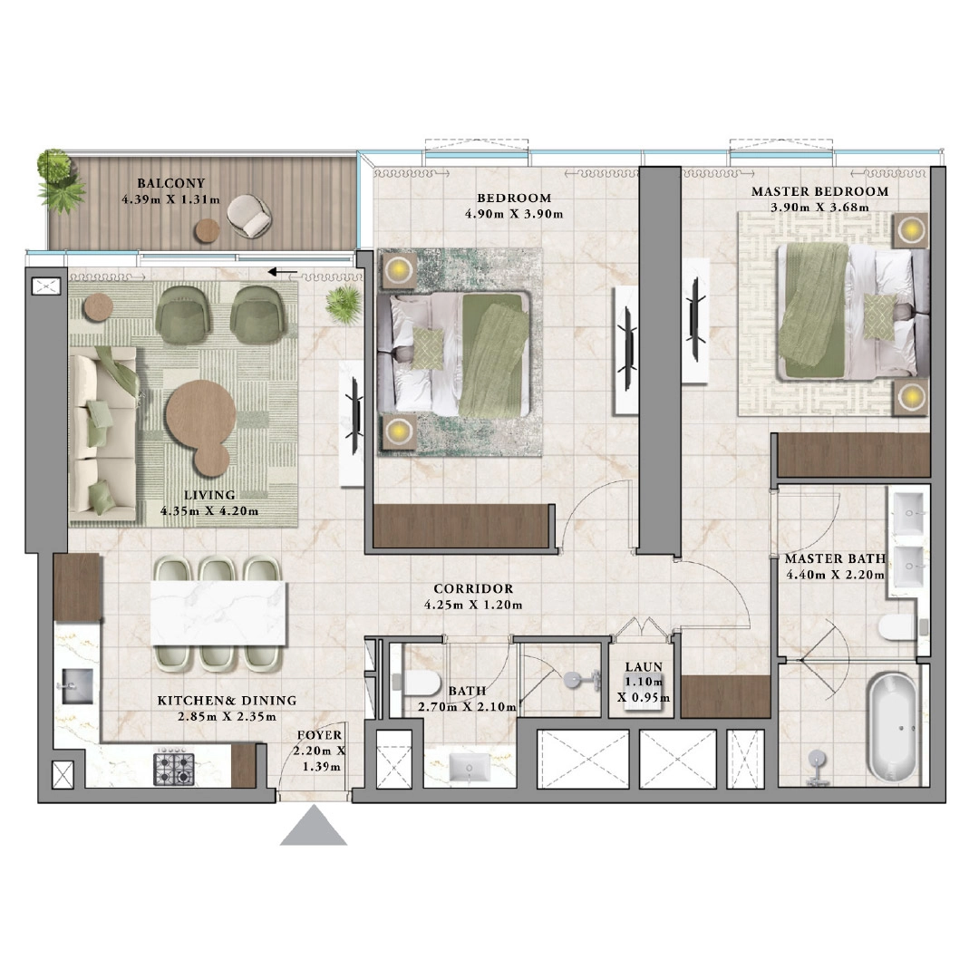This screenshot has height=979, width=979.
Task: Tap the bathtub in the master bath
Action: [x=891, y=726]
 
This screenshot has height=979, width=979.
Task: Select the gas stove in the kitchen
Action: [x=175, y=768]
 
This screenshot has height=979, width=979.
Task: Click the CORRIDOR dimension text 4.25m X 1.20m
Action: [x=472, y=606]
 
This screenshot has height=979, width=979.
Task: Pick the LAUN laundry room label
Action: [x=644, y=666]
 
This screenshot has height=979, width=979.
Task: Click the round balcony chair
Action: [x=248, y=216]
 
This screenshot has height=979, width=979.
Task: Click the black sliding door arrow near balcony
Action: [x=281, y=271]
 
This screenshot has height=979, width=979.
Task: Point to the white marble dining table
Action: [x=218, y=613]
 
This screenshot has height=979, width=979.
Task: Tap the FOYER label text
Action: [x=319, y=735]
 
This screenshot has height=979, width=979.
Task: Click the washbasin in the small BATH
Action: [x=470, y=767]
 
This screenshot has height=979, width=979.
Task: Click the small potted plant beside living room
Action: [x=344, y=298]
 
